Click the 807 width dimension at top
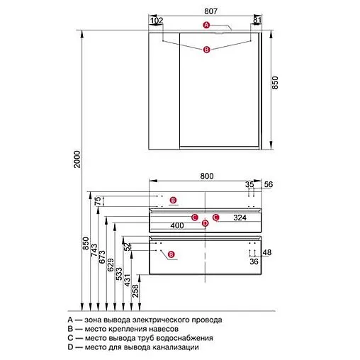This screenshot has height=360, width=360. coord(210,11)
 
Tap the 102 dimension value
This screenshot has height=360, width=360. coord(157,21)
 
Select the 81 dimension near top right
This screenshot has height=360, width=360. coord(257,21)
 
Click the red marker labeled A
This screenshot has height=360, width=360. coord(206,25)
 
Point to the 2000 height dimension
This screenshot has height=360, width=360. coord(77,159)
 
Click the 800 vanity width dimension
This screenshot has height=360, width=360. coord(207,176)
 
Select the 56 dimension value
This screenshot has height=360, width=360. coord(269,184)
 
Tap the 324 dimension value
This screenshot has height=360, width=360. coord(240,218)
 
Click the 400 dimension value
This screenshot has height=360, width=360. coord(177,225)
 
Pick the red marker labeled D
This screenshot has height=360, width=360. coord(206,223)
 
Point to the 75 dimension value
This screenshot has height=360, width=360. coord(98,201)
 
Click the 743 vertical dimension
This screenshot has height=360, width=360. coord(94,250)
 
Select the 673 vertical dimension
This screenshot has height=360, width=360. coord(102,257)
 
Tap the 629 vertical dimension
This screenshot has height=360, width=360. coord(111,265)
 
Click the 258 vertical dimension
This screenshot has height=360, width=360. coord(135,291)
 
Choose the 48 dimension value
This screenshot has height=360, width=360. coord(267,252)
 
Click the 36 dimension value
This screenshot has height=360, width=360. coord(254,261)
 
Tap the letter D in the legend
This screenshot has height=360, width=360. coord(70,347)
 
